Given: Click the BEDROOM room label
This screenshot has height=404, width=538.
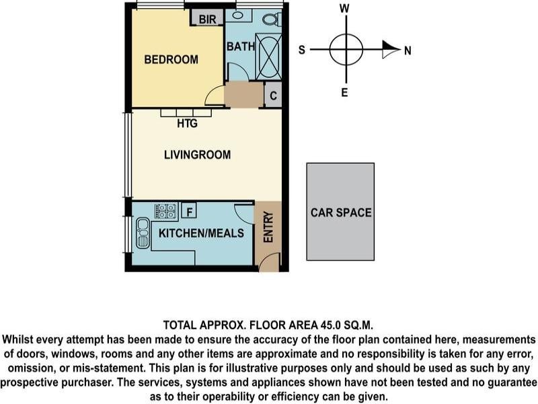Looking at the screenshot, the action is click(x=171, y=59).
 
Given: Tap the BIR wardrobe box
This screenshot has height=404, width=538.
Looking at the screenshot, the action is click(x=207, y=18).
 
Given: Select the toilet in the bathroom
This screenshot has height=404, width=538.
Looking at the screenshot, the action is click(x=272, y=19).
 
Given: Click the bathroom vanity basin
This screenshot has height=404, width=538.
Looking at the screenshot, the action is click(x=237, y=15).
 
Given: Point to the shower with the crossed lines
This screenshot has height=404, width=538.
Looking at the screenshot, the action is click(x=268, y=57).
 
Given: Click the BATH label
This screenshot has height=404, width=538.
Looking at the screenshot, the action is click(x=241, y=46).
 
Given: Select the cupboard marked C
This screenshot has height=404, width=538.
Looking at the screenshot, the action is click(x=273, y=95).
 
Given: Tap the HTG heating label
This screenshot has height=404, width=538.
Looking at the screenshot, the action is click(x=188, y=123).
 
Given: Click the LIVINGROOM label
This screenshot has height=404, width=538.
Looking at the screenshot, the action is click(x=197, y=155).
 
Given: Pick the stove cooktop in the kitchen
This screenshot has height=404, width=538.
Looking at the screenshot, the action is click(x=165, y=211).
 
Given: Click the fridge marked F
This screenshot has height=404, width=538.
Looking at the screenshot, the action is click(x=189, y=211).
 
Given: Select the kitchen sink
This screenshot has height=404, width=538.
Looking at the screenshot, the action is click(x=143, y=233).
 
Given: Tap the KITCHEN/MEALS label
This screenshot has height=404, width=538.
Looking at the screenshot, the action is click(x=201, y=233).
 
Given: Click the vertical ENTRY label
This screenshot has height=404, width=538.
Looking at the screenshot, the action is click(x=268, y=227).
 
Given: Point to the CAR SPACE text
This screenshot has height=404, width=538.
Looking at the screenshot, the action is click(x=341, y=213).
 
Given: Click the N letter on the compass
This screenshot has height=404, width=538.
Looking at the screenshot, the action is click(x=408, y=51).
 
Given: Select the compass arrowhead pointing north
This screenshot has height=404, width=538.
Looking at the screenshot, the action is click(x=391, y=49).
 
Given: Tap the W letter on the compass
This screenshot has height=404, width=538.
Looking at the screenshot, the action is click(x=344, y=8).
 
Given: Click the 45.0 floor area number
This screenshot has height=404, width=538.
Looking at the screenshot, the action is click(x=331, y=325).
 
